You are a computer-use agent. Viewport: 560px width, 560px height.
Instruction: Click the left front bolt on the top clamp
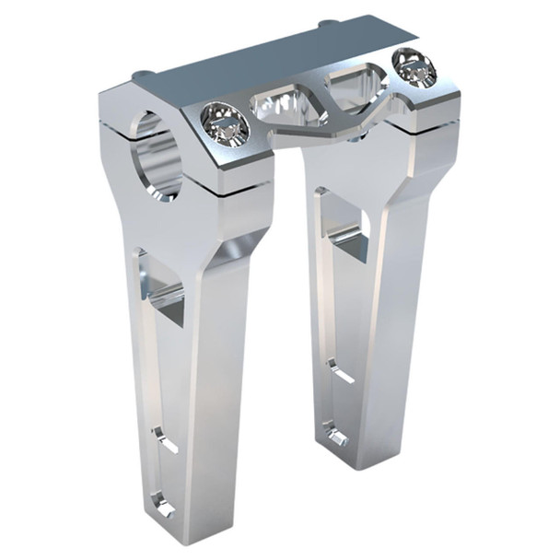[224, 123]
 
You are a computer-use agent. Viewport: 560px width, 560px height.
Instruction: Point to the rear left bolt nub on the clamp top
[140, 76]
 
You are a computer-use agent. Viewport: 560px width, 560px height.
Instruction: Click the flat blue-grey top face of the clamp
[267, 55]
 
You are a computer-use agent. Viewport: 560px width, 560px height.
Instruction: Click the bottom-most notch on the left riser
[164, 502]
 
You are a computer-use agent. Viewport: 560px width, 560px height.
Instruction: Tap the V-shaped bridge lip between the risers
[313, 129]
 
